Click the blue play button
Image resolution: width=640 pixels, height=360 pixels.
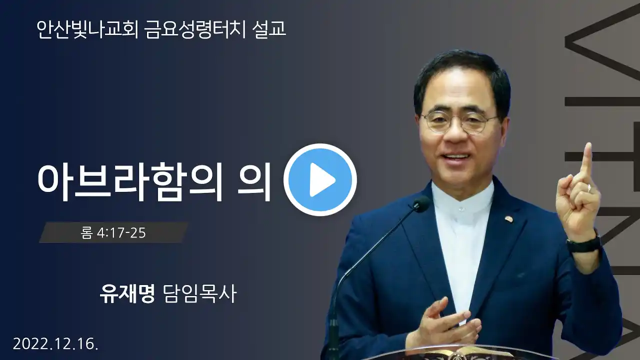(x=320, y=179)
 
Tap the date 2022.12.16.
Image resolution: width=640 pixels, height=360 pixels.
(x=55, y=343)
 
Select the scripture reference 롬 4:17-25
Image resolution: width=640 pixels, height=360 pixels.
(x=113, y=233)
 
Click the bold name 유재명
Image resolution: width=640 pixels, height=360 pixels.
(x=127, y=293)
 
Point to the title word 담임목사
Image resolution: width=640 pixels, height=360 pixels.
(x=199, y=293)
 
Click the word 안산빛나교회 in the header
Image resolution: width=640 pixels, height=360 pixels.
(x=87, y=29)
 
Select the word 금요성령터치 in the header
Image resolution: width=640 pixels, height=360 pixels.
(x=195, y=29)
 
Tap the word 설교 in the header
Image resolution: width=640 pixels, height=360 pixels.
(x=269, y=29)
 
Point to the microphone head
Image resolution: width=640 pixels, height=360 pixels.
(x=421, y=203)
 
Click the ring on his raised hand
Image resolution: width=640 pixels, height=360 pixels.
(x=589, y=187)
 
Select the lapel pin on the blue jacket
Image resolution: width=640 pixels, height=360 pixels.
(x=508, y=219)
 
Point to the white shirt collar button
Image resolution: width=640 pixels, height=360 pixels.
(x=461, y=209)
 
